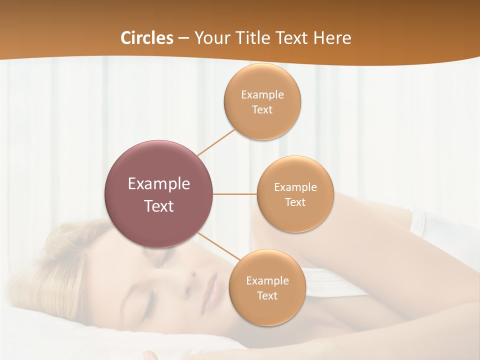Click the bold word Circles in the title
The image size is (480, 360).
[146, 38]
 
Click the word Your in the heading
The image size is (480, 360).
[210, 38]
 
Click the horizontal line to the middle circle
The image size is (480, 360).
[234, 194]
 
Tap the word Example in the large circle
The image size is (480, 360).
[158, 184]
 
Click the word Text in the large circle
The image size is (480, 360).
[158, 206]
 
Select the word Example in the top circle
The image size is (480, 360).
[262, 94]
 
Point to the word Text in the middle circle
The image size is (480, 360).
[295, 202]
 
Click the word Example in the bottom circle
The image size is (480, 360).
[267, 280]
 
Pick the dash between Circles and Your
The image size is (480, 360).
[183, 38]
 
